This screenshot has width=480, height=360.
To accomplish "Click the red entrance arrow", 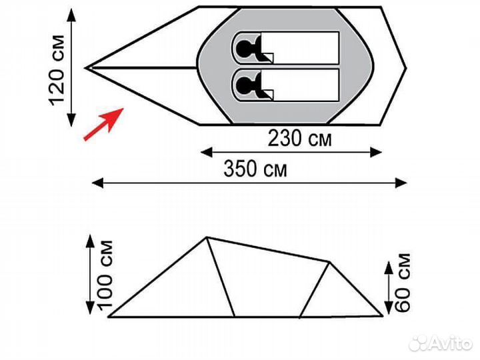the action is (103, 124).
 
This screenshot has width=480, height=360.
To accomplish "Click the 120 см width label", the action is (57, 71).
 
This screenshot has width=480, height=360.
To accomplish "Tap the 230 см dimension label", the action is (299, 139).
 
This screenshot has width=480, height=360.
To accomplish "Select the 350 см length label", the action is (255, 169).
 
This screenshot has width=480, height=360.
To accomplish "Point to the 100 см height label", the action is (105, 275).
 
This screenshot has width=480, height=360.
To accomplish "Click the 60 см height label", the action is (402, 283).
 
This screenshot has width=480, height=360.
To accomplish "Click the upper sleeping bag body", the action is (299, 48).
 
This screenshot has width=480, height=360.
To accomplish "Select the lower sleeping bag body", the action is (299, 85).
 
